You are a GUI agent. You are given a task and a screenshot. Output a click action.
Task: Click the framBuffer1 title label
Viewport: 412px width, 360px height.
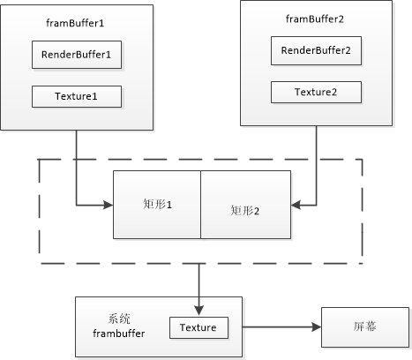tap(75, 23)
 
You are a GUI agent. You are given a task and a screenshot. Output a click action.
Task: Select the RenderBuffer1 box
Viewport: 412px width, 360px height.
tap(77, 55)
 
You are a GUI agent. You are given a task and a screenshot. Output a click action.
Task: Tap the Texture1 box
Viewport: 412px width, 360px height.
tap(77, 96)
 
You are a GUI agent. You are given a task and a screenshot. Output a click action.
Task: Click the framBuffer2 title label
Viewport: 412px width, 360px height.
tap(315, 19)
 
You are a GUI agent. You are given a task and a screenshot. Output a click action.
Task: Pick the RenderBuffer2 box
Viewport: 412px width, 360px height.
tap(316, 50)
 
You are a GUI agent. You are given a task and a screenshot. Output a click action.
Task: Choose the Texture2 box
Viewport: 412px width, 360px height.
tap(316, 92)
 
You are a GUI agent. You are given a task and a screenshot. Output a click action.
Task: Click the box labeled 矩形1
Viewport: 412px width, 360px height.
tap(157, 205)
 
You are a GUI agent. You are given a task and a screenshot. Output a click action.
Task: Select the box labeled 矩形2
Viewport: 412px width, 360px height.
tap(246, 205)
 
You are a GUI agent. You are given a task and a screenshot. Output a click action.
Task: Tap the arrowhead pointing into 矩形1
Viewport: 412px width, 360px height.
tap(109, 205)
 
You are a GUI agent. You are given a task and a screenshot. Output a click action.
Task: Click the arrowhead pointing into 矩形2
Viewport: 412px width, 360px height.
tap(296, 205)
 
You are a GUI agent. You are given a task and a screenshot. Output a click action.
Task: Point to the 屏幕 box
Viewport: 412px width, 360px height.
tap(365, 327)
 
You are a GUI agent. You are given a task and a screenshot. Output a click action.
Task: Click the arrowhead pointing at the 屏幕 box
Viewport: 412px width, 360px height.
tap(317, 326)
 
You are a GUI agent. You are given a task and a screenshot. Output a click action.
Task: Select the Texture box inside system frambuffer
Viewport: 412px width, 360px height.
tap(199, 327)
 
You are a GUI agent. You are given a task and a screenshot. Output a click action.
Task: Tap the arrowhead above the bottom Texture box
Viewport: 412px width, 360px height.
tap(199, 311)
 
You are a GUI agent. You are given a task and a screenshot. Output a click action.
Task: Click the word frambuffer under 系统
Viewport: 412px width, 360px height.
tap(119, 334)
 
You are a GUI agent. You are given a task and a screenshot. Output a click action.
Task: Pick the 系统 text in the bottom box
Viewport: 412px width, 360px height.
tap(119, 319)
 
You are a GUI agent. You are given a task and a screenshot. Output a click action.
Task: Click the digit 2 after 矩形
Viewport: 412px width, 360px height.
tap(257, 211)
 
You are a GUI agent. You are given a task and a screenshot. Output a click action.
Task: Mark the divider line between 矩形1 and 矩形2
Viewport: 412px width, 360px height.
tap(201, 205)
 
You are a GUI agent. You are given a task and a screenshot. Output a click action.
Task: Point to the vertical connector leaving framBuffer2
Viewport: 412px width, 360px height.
tap(317, 166)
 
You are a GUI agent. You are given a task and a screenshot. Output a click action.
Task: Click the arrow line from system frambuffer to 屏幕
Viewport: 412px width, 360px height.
tap(281, 326)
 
